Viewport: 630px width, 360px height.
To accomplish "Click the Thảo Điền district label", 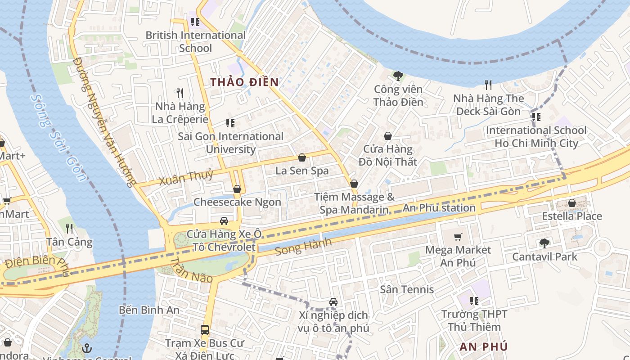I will (x=245, y=82).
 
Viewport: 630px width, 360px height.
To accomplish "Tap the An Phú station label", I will (x=439, y=208).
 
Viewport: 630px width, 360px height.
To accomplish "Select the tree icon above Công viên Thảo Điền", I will (x=398, y=76).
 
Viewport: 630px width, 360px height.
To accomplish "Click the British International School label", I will (x=195, y=41).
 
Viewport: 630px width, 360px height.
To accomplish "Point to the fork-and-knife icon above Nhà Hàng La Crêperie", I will (x=180, y=93).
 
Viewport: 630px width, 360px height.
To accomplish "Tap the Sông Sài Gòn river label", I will (x=59, y=137).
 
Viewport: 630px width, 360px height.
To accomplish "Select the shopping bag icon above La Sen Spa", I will (x=302, y=157).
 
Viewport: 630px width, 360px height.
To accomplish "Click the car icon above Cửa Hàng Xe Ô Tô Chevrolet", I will (x=224, y=221).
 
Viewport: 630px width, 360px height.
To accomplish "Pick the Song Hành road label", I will (x=303, y=247).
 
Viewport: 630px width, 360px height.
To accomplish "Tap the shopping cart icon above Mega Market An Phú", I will (x=458, y=237).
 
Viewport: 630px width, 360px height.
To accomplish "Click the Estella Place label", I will (x=571, y=216).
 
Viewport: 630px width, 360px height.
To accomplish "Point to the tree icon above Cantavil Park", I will (x=544, y=243).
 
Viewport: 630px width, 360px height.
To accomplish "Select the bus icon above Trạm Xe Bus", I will (x=205, y=329).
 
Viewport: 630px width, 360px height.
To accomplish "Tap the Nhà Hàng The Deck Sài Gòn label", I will (x=488, y=105).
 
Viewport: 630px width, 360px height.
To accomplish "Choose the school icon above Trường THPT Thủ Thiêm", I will (x=474, y=301).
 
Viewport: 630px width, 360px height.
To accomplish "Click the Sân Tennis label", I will (x=407, y=289).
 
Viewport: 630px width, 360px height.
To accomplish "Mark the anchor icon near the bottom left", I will (x=87, y=348).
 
